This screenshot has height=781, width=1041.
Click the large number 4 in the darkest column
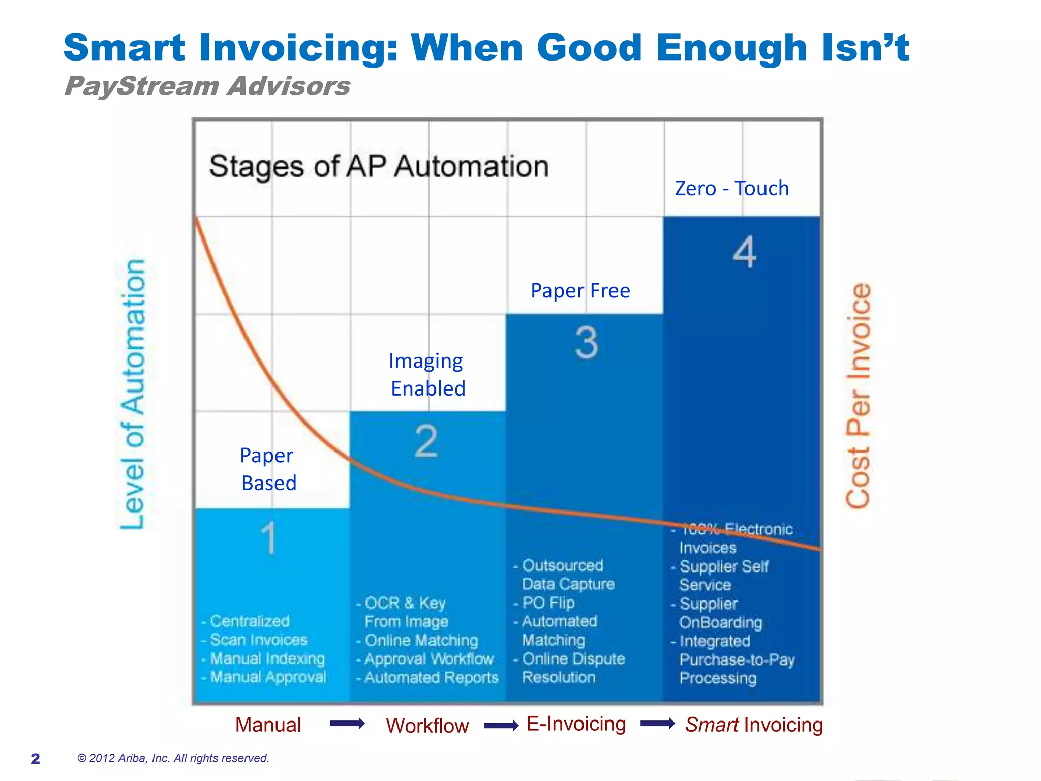[x=744, y=252]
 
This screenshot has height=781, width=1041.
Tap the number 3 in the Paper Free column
[x=587, y=343]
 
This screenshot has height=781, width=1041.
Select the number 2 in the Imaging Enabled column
[x=426, y=441]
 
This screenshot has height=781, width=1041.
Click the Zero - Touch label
[x=731, y=189]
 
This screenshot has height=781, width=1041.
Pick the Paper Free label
[x=580, y=291]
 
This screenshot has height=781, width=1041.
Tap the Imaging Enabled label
[x=427, y=375]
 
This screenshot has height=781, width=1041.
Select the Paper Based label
[x=268, y=469]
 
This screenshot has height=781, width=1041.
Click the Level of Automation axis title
[x=133, y=394]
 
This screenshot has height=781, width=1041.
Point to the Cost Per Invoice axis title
[x=859, y=396]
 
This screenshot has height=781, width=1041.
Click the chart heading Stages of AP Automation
[x=379, y=167]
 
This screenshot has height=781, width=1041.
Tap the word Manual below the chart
[x=268, y=725]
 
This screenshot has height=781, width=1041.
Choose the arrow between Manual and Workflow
[x=347, y=724]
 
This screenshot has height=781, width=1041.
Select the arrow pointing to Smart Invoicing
[x=657, y=724]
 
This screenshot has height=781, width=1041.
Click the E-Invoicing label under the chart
[x=576, y=724]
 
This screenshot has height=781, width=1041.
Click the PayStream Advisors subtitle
[x=207, y=86]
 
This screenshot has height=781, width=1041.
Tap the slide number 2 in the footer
[x=35, y=759]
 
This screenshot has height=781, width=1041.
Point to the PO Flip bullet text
[x=548, y=603]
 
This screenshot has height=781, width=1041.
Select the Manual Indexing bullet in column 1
[x=267, y=658]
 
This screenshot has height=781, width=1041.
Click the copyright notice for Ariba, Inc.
[x=173, y=758]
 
